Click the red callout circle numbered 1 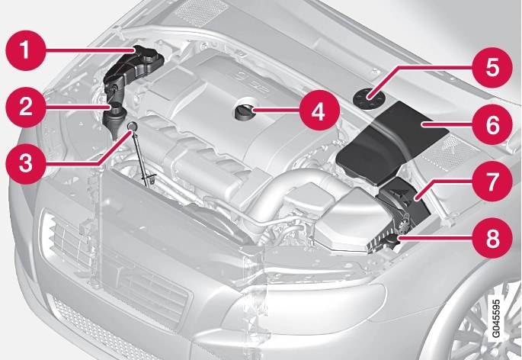(26, 50)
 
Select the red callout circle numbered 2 (26, 108)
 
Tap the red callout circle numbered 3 (26, 164)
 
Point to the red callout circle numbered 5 (493, 68)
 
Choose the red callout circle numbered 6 (493, 124)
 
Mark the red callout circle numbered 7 (493, 181)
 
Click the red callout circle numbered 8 (493, 238)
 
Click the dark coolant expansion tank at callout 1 (133, 66)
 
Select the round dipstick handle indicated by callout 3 (133, 125)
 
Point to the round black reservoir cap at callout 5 (369, 98)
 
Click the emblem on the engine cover (239, 77)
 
